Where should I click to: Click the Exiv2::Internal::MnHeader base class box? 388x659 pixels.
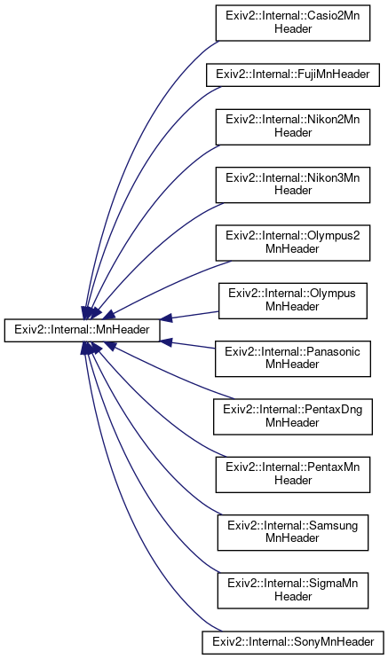coord(82,330)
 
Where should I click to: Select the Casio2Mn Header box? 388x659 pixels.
coord(293,23)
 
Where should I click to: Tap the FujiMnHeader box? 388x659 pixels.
coord(293,75)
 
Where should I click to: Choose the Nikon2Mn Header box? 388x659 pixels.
coord(293,128)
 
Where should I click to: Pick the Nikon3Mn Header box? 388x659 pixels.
coord(293,185)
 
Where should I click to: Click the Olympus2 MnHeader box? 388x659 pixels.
coord(293,243)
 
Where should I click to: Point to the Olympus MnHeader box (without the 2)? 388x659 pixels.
coord(293,301)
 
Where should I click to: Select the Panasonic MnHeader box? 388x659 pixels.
coord(293,359)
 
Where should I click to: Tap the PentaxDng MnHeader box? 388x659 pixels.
coord(293,417)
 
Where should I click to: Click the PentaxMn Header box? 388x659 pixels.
coord(293,475)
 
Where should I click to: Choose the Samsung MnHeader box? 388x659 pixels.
coord(293,532)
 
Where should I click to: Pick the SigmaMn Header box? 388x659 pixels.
coord(293,591)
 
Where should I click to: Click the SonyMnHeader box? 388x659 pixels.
coord(293,642)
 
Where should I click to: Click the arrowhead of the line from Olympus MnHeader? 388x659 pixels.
coord(166,319)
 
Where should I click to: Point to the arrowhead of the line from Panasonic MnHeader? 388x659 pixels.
coord(166,341)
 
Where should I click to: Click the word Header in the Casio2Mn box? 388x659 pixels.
coord(293,28)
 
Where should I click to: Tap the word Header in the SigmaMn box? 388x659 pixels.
coord(293,596)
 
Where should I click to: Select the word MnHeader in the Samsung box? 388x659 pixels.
coord(293,538)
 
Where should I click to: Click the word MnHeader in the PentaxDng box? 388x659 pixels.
coord(293,422)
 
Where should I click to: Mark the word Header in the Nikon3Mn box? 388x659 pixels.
coord(293,191)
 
